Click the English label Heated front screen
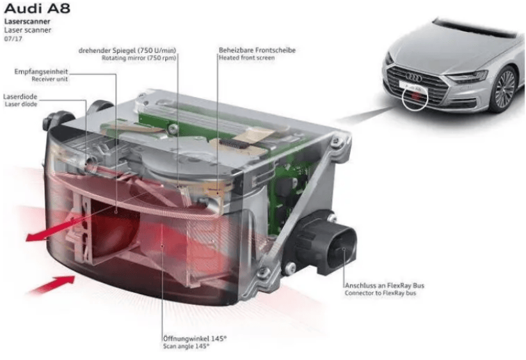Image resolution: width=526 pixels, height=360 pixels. (246, 58)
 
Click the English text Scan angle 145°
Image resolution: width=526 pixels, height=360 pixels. (185, 346)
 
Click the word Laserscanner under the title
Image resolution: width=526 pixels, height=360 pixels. (23, 22)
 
